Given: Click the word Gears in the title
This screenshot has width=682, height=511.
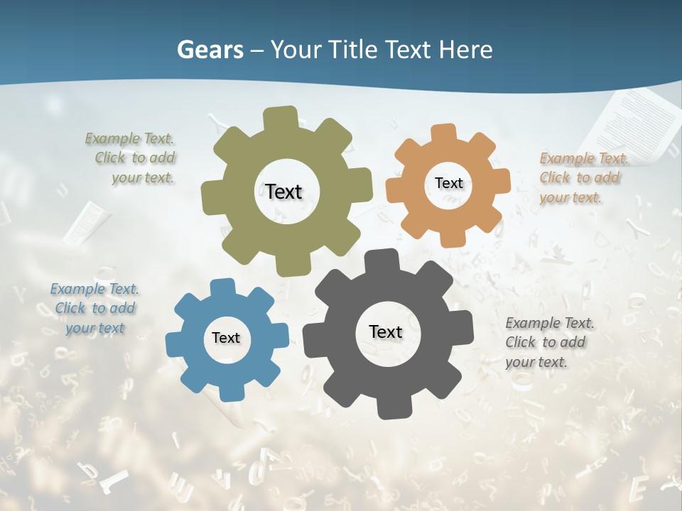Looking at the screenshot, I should coord(210,50).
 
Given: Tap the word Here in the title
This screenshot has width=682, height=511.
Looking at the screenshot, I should coord(465,50).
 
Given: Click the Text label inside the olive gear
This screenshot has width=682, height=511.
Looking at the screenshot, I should coord(283,192).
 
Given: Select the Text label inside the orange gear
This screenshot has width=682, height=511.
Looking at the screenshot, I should coord(448,183).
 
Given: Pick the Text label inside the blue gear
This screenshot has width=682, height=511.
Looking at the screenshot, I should coord(226,338).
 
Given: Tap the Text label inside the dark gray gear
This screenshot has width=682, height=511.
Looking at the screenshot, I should coord(386,331).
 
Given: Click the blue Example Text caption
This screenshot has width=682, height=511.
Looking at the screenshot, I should coord(94,308).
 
